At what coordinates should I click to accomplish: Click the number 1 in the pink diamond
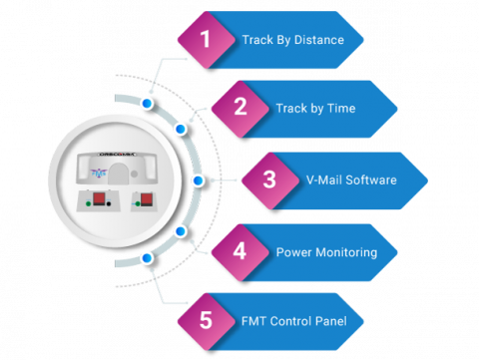point(205,40)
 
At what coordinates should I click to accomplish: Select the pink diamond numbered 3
point(269,180)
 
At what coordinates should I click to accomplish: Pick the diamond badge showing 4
point(239,251)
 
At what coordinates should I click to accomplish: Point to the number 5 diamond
point(205,321)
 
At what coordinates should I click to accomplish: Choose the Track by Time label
point(315,108)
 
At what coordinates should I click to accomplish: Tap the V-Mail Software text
point(351,180)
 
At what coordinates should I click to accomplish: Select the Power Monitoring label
point(326,252)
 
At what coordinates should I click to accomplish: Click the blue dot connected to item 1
point(148,103)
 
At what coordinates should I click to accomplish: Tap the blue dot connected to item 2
point(181,130)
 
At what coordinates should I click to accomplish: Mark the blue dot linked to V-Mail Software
point(198,180)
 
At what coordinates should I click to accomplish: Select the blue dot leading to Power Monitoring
point(181,231)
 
